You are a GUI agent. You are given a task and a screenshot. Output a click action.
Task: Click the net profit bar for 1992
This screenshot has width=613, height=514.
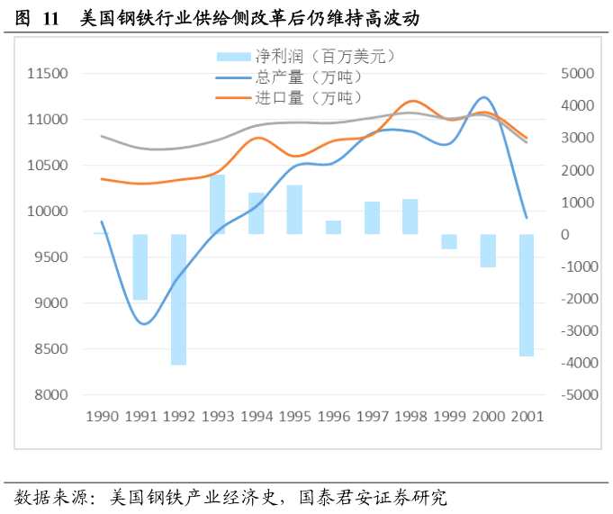[178, 299]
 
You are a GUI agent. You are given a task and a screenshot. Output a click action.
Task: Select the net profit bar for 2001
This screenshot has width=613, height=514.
[526, 295]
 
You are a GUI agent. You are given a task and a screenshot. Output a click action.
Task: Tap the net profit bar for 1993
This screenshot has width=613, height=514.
[217, 204]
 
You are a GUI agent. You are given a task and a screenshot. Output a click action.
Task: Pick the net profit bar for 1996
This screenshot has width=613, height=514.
[333, 227]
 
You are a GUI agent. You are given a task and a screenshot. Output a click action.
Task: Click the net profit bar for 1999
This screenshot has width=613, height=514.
[448, 241]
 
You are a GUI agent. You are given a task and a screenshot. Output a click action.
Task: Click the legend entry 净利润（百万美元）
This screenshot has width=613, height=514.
[305, 57]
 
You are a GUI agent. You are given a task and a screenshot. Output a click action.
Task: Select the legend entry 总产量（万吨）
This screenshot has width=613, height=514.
[287, 77]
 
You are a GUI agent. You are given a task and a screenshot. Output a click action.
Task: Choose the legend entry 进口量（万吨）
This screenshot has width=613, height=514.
[287, 97]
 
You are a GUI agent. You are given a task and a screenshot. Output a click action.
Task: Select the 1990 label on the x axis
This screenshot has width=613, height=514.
[101, 417]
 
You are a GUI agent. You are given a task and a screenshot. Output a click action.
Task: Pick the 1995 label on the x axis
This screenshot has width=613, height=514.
[294, 417]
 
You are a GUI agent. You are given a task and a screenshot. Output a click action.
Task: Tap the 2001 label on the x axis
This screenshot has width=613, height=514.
[526, 417]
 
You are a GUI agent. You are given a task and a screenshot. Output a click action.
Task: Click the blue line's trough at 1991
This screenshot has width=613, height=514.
[144, 323]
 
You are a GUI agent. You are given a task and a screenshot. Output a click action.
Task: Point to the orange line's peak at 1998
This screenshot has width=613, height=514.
[412, 101]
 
